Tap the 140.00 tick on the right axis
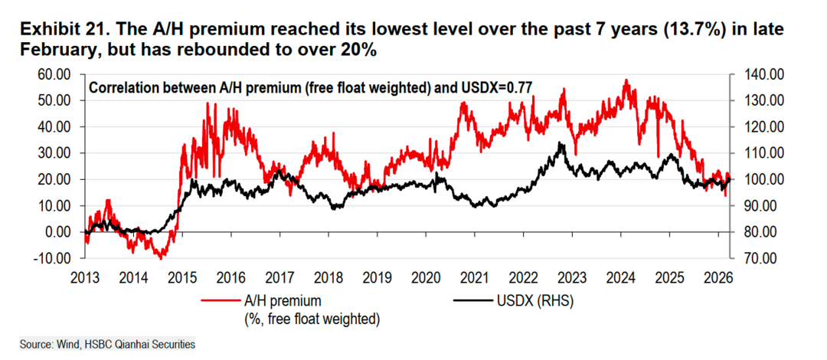[760, 74]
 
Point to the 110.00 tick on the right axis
[760, 153]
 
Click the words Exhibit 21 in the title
[62, 30]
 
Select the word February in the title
[53, 49]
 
